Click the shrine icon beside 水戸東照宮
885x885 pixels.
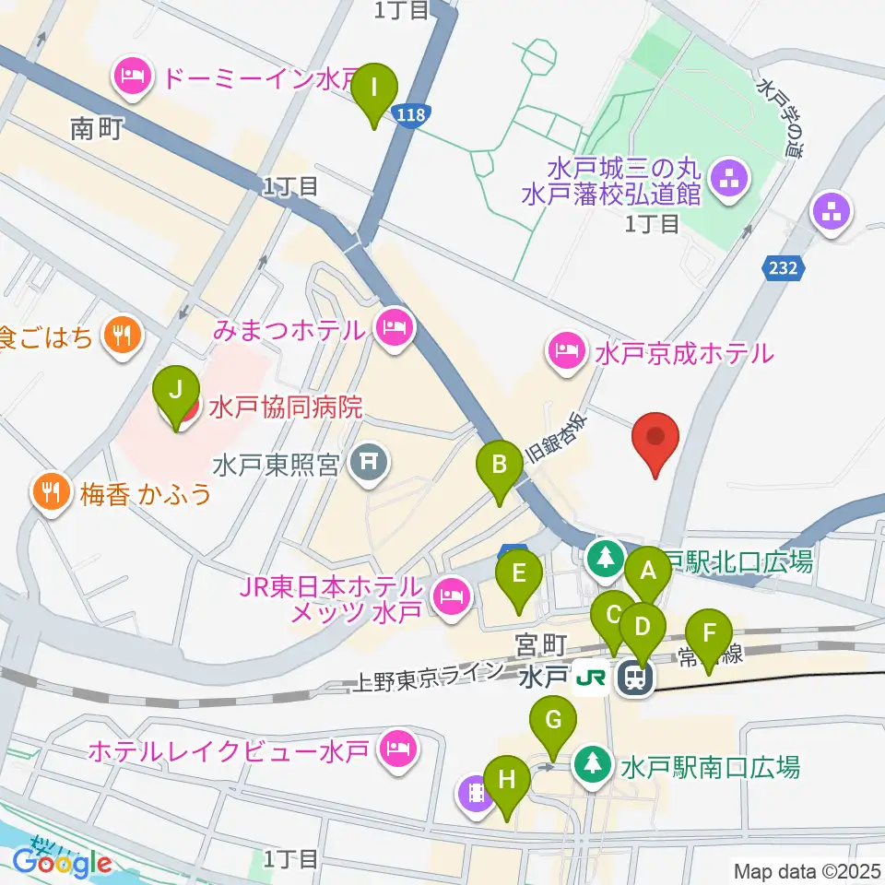click(x=370, y=461)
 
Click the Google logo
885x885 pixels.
click(x=62, y=861)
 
